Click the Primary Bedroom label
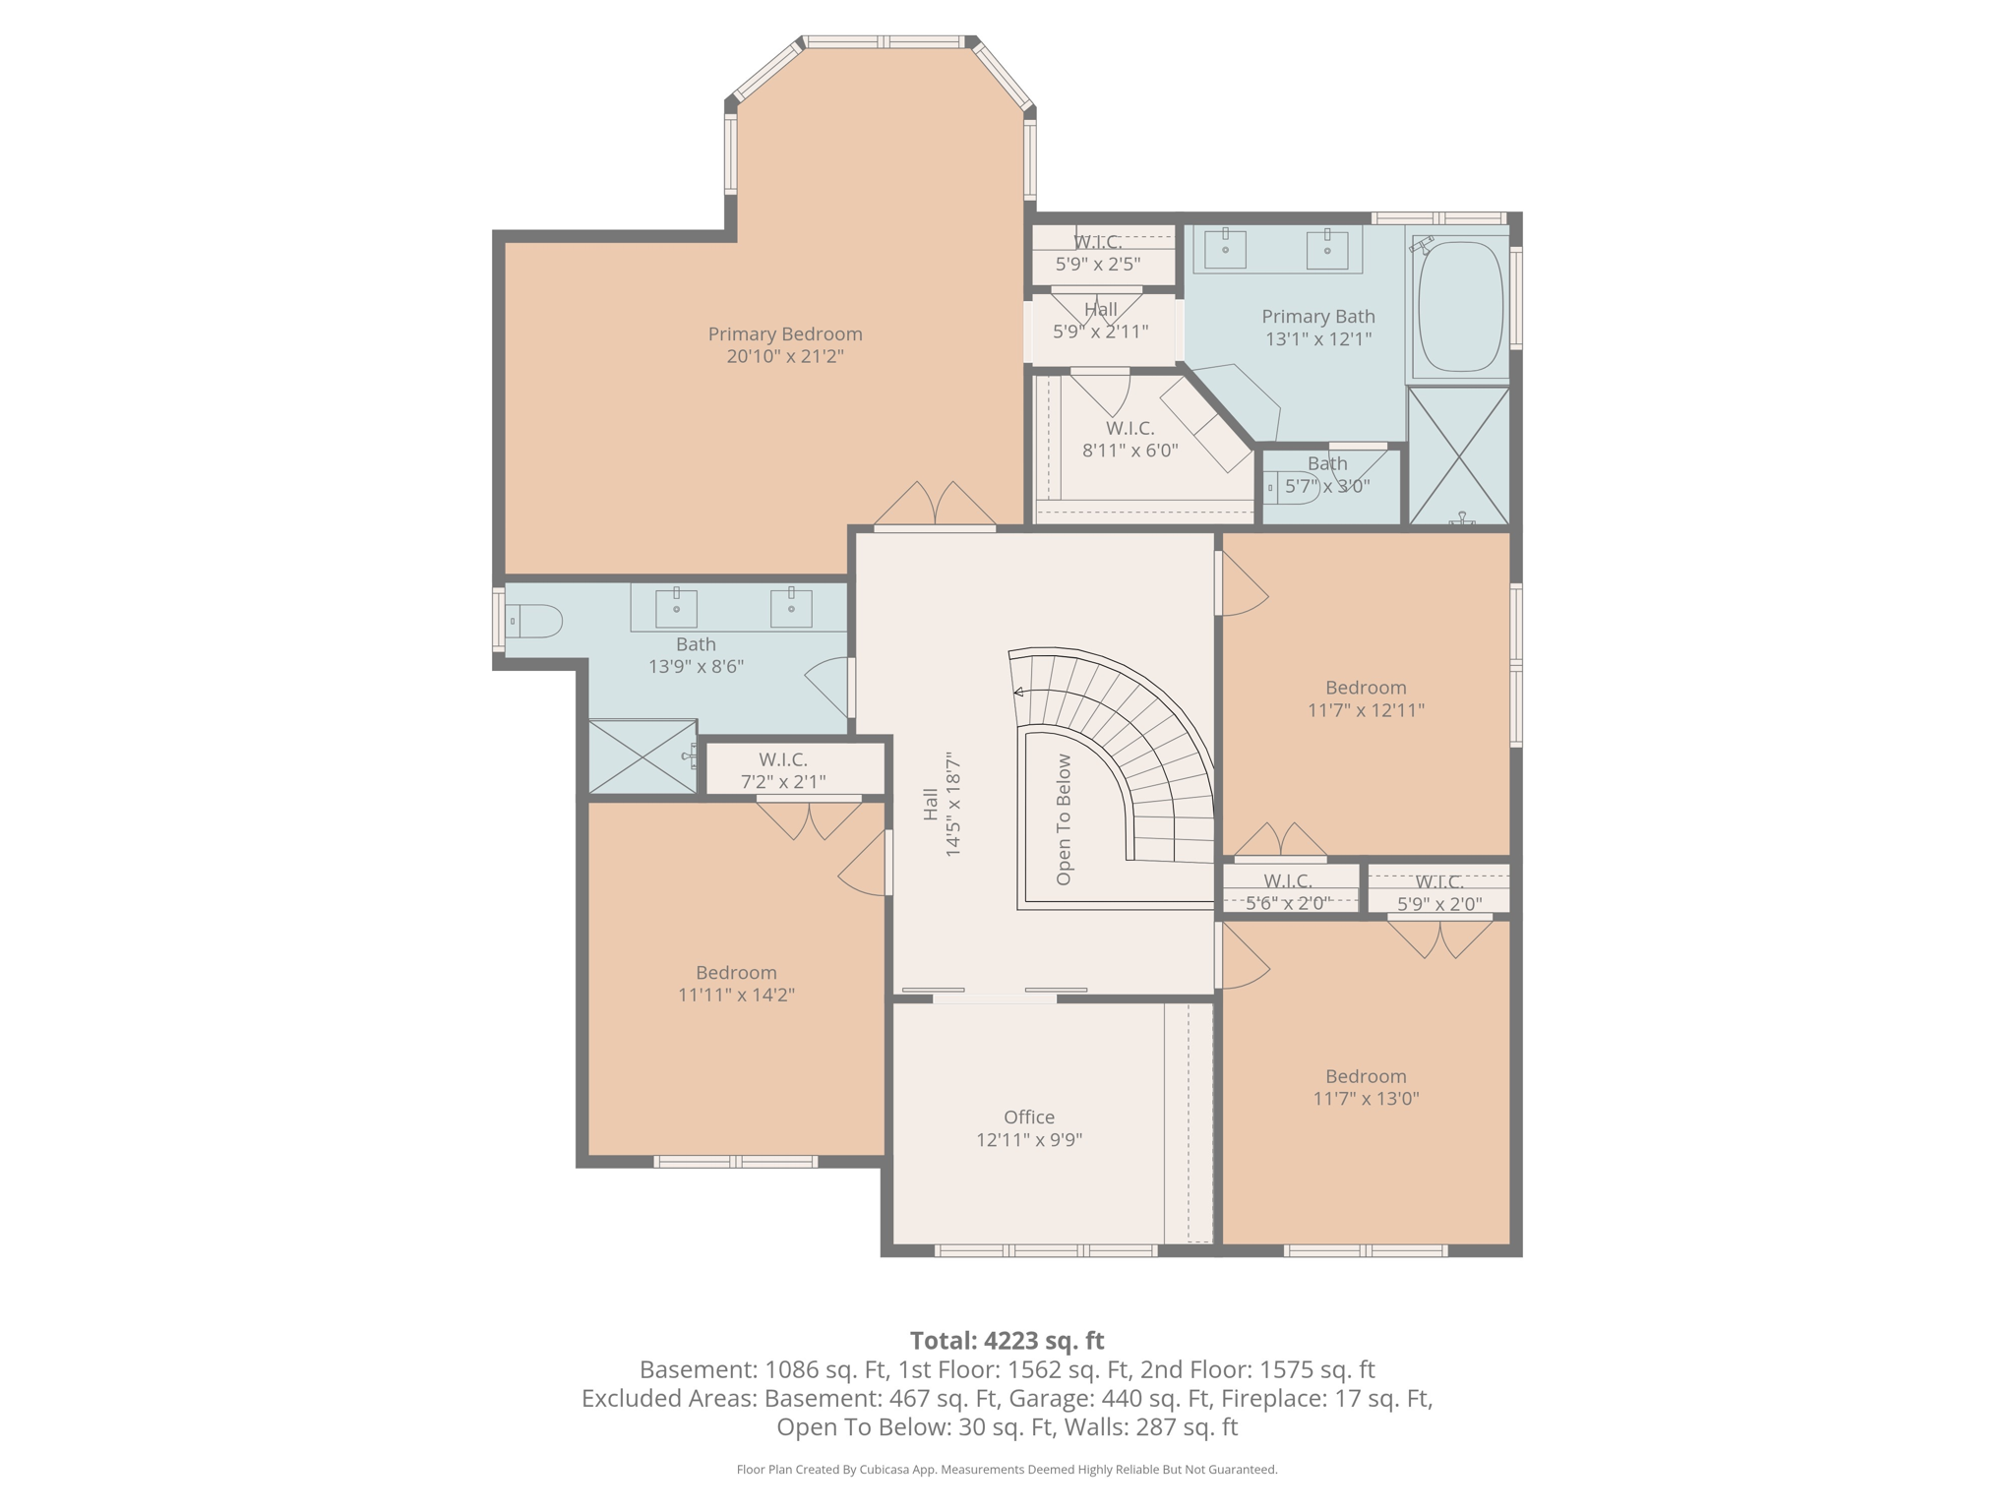(785, 334)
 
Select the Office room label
(1029, 1118)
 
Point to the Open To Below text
(1064, 819)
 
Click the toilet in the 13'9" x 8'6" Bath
(534, 622)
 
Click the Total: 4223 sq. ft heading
(1007, 1341)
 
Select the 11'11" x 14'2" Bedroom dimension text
(737, 995)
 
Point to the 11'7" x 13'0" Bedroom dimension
(1367, 1099)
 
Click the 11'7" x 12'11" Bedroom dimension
(1367, 710)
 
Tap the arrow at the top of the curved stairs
(1019, 693)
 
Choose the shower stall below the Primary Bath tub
(1459, 454)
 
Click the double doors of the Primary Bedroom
(935, 505)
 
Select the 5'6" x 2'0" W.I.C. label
(1288, 892)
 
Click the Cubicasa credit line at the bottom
(1007, 1470)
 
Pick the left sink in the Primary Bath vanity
(1225, 250)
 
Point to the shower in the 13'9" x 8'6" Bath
(642, 756)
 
